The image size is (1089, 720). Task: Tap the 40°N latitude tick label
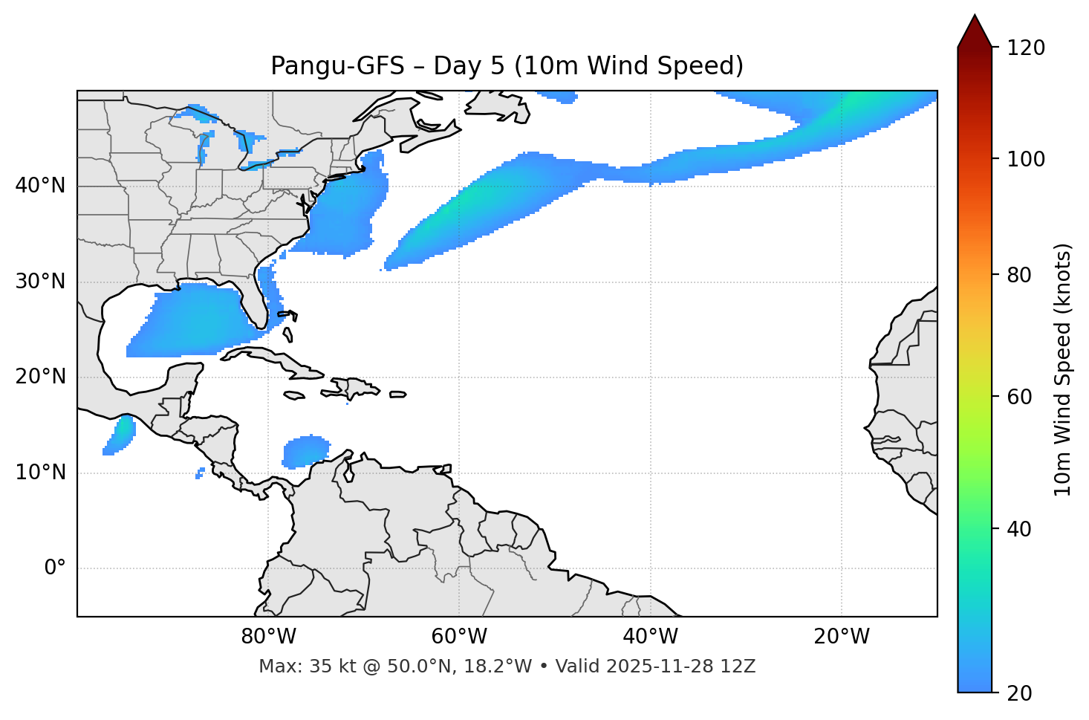coord(40,186)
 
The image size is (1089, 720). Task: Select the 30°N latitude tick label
coord(40,282)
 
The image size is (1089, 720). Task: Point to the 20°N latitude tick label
coord(40,377)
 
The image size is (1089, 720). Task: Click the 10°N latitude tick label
coord(40,473)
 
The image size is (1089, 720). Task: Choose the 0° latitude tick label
coord(54,568)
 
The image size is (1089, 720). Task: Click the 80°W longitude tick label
coord(268,637)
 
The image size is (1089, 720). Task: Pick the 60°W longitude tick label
coord(459,637)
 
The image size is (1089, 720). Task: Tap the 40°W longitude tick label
coord(650,637)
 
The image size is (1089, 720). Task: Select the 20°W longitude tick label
coord(841,637)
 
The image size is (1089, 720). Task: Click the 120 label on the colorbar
coord(1025,48)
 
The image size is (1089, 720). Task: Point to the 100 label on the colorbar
coord(1025,159)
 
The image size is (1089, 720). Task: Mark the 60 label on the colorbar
coord(1021,397)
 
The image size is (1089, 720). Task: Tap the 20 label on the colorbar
coord(1021,693)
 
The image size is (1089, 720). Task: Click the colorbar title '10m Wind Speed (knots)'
coord(1063,369)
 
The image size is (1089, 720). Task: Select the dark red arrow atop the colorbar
coord(975,31)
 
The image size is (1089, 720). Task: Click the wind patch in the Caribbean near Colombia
coord(305,451)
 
